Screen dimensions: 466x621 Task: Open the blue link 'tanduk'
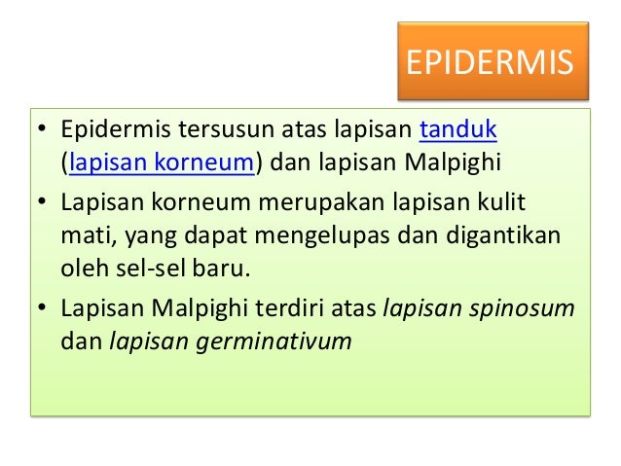click(457, 131)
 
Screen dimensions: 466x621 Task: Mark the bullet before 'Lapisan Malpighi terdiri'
click(42, 310)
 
